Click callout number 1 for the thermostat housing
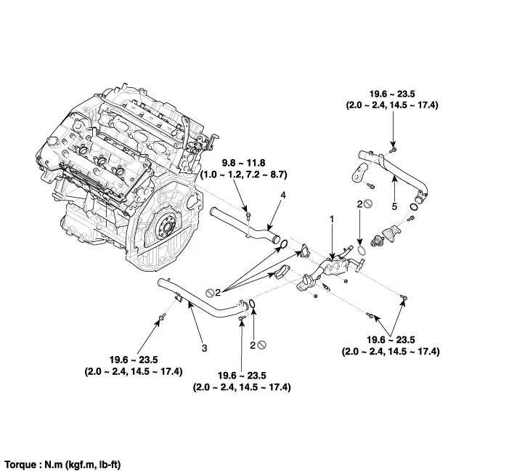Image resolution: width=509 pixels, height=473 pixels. click(333, 218)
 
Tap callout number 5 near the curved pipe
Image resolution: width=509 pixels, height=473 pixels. click(394, 206)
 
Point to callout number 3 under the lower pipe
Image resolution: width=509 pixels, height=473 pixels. click(204, 349)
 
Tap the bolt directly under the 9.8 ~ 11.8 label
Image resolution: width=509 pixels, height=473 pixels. click(248, 215)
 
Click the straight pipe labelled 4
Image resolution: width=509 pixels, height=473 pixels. click(240, 222)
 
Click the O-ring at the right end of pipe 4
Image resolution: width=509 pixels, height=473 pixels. click(283, 244)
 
